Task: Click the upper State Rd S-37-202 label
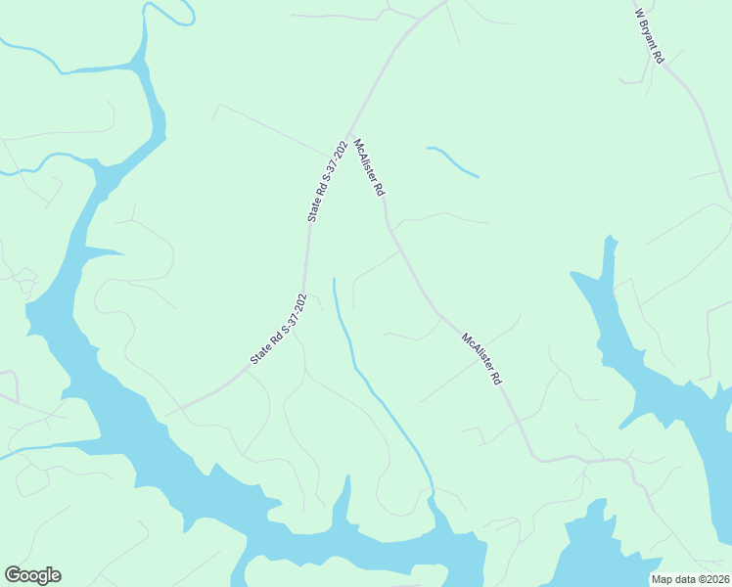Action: point(328,181)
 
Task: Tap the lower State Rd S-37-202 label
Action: point(279,329)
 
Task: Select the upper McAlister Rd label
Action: point(368,168)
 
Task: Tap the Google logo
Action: point(32,575)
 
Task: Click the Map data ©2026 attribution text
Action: point(690,579)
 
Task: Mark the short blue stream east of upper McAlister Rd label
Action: point(453,161)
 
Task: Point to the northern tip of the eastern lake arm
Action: point(610,238)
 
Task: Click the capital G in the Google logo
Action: point(13,575)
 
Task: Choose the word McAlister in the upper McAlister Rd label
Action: point(364,160)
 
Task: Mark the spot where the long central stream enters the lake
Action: point(431,494)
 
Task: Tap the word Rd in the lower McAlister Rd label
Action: point(496,377)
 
